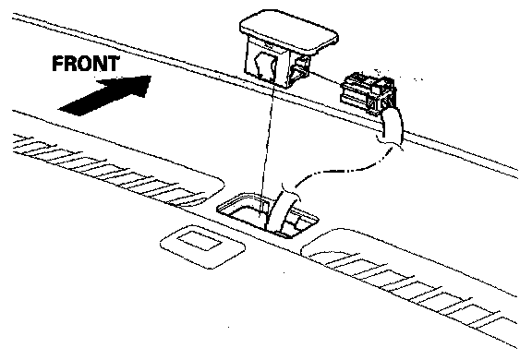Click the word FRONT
pyautogui.click(x=86, y=64)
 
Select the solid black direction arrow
pyautogui.click(x=105, y=95)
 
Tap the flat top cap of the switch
pyautogui.click(x=289, y=31)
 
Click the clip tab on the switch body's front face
pyautogui.click(x=266, y=66)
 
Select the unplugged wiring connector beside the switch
pyautogui.click(x=369, y=93)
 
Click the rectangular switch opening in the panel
pyautogui.click(x=268, y=216)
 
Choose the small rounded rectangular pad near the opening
pyautogui.click(x=202, y=246)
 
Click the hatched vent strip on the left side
pyautogui.click(x=109, y=170)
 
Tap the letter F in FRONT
pyautogui.click(x=58, y=64)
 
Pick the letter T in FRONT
pyautogui.click(x=113, y=64)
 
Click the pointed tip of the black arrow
pyautogui.click(x=151, y=77)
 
